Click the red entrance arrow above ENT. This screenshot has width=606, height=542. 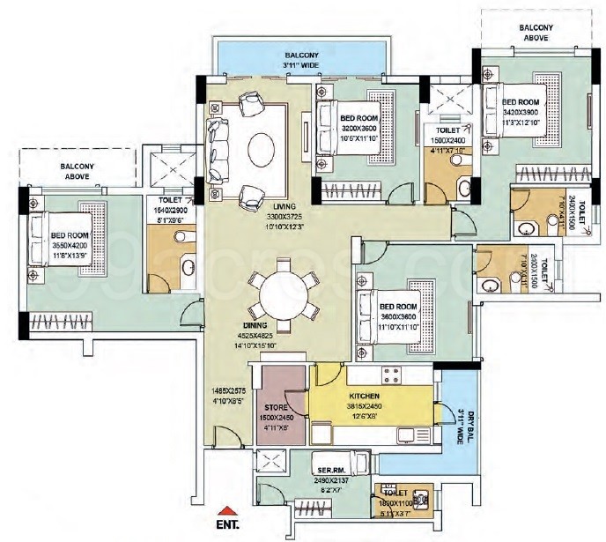(227, 510)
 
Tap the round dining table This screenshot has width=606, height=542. (285, 294)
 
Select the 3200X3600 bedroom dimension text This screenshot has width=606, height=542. (359, 127)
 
